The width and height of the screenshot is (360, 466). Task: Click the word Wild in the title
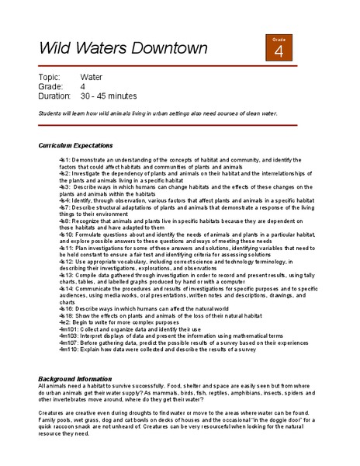point(57,48)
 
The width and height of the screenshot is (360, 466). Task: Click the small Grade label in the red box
point(279,38)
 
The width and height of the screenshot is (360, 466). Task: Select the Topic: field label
point(51,77)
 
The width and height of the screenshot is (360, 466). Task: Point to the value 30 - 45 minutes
point(109,96)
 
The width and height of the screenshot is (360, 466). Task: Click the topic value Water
point(92,77)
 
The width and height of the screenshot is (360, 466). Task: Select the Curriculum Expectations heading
point(75,145)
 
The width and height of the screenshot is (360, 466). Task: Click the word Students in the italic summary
point(51,113)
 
